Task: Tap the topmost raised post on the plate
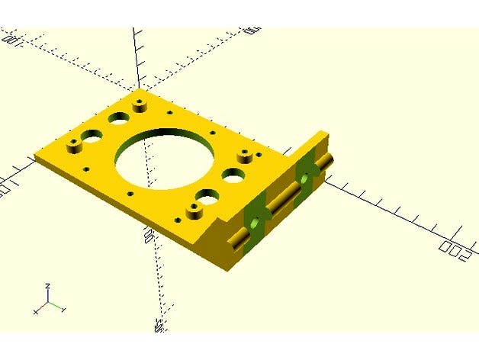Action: (x=139, y=100)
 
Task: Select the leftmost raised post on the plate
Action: (x=75, y=143)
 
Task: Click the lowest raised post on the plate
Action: (x=191, y=207)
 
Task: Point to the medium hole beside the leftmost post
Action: (x=92, y=138)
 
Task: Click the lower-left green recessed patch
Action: (x=253, y=219)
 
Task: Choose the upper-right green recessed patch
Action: (x=306, y=176)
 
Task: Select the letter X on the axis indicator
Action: (x=36, y=312)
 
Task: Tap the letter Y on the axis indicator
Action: (x=64, y=310)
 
